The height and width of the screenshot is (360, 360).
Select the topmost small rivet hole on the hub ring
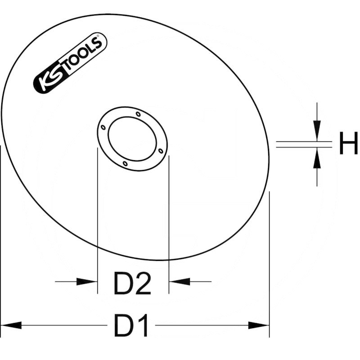click(138, 114)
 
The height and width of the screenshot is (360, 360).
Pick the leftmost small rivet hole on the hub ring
click(103, 128)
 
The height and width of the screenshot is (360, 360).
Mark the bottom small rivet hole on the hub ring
click(126, 164)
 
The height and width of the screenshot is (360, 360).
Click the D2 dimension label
click(132, 284)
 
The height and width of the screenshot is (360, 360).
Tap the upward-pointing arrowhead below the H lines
click(317, 158)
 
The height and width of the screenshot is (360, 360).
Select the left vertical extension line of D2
click(98, 216)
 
